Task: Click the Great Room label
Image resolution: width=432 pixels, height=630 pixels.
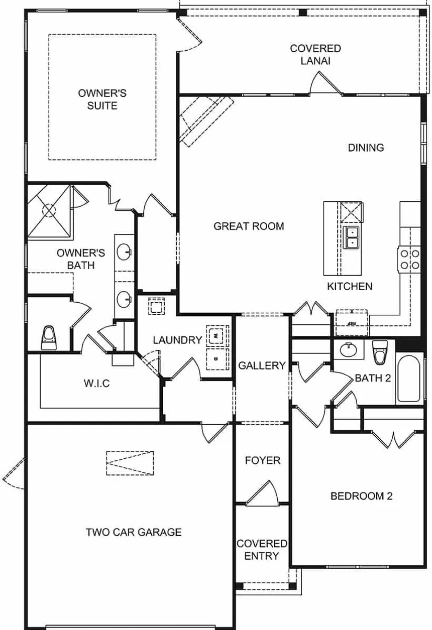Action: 249,226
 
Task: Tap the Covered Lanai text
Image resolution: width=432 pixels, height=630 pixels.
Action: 315,55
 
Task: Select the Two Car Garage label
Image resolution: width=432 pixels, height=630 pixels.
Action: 134,532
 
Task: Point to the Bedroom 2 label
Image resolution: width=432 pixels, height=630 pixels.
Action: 361,496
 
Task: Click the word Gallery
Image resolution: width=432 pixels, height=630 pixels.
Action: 262,365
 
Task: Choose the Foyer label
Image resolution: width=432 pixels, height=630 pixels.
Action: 263,460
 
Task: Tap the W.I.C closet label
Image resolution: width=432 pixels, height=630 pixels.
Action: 97,383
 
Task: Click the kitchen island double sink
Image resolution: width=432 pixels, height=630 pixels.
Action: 351,237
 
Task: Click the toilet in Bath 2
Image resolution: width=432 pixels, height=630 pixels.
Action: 380,352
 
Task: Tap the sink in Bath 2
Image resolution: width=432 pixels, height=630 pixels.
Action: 348,350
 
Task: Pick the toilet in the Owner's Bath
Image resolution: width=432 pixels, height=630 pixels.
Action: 49,337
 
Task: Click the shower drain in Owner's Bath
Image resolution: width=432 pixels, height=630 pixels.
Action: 49,210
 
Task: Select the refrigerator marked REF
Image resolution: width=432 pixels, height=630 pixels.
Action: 352,322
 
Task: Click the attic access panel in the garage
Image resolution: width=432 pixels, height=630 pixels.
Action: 130,463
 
